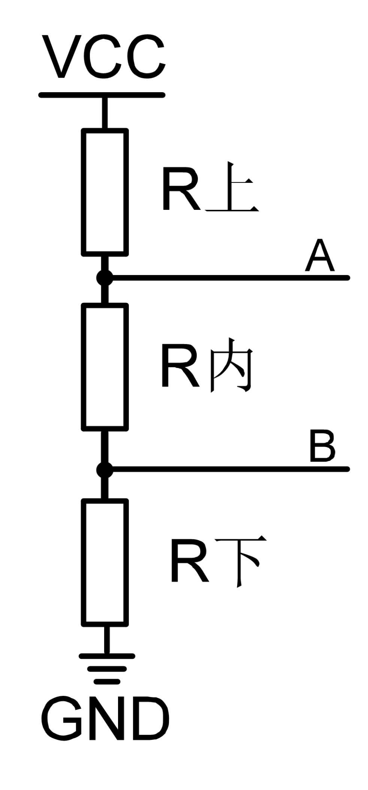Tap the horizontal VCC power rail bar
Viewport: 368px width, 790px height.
(x=102, y=95)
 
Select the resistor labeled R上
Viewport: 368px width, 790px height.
(x=105, y=193)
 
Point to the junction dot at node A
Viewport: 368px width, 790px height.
(x=105, y=278)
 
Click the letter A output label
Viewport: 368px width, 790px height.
(x=319, y=257)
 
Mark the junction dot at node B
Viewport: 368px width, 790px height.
(x=105, y=470)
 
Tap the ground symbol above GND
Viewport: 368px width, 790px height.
(x=107, y=669)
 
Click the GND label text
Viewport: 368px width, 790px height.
(x=105, y=720)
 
